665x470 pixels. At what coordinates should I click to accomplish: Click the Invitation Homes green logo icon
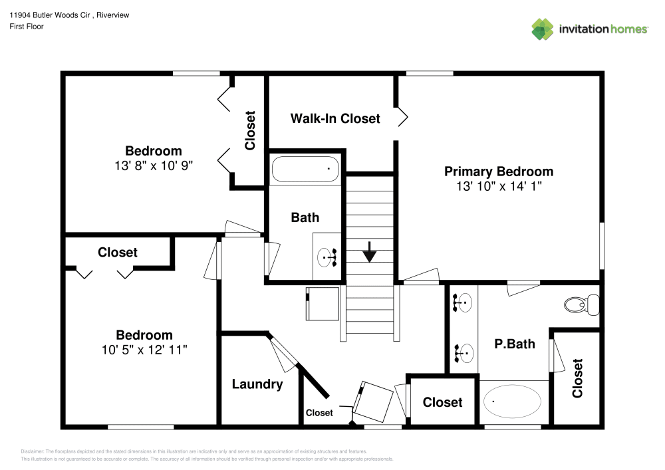[542, 29]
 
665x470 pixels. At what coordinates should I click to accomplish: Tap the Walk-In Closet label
[335, 118]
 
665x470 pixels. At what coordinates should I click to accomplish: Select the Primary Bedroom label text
[498, 172]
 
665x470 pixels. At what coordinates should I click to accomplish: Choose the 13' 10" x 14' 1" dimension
[498, 187]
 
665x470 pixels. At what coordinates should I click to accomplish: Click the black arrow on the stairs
[370, 254]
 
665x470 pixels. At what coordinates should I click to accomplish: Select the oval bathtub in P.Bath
[511, 401]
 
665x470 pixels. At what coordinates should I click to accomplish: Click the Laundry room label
[257, 384]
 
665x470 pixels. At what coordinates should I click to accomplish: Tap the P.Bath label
[514, 344]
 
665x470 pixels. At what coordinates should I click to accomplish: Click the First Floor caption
[27, 27]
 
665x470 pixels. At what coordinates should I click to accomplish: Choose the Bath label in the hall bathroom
[305, 217]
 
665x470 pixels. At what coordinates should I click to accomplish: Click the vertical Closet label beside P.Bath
[577, 378]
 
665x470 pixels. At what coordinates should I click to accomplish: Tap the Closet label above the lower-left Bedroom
[118, 253]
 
